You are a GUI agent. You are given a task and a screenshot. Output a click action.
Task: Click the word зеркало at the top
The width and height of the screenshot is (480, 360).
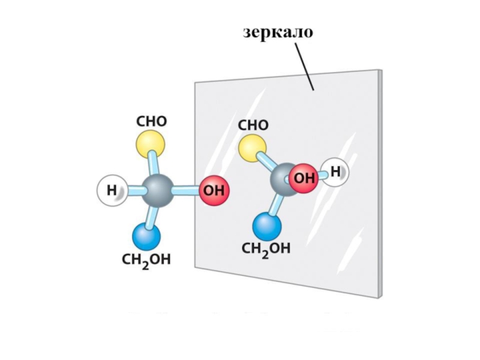[x=278, y=32]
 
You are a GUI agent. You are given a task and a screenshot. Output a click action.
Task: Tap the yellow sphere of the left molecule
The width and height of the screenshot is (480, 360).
[x=150, y=144]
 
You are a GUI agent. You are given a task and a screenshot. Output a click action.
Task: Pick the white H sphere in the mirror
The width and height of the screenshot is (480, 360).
[x=334, y=172]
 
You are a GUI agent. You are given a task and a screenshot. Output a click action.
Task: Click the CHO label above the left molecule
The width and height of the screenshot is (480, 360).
[x=152, y=121]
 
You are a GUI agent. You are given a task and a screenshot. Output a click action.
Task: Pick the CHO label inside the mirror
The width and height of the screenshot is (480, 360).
[x=253, y=125]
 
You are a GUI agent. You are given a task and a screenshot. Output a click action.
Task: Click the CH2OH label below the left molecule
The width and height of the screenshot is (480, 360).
[x=146, y=260]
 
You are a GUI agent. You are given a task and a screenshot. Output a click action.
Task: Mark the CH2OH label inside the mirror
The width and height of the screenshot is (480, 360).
[x=266, y=248]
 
